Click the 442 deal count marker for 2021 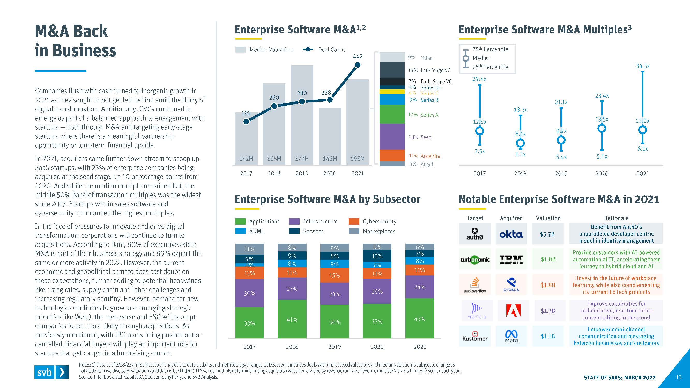tap(357, 65)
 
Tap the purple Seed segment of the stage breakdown tap(392, 136)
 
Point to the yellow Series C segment tap(392, 92)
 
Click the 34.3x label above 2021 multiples tap(643, 66)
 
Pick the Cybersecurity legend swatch tap(354, 221)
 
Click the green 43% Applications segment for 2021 tap(419, 318)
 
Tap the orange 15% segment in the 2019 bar tap(335, 275)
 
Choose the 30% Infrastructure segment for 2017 tap(249, 293)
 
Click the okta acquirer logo tap(511, 234)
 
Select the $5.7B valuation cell tap(547, 234)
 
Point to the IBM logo tap(511, 259)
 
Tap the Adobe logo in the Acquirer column tap(513, 311)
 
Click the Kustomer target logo tap(475, 336)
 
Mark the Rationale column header tap(616, 218)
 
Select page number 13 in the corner tap(678, 377)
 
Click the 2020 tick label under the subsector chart tap(377, 347)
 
